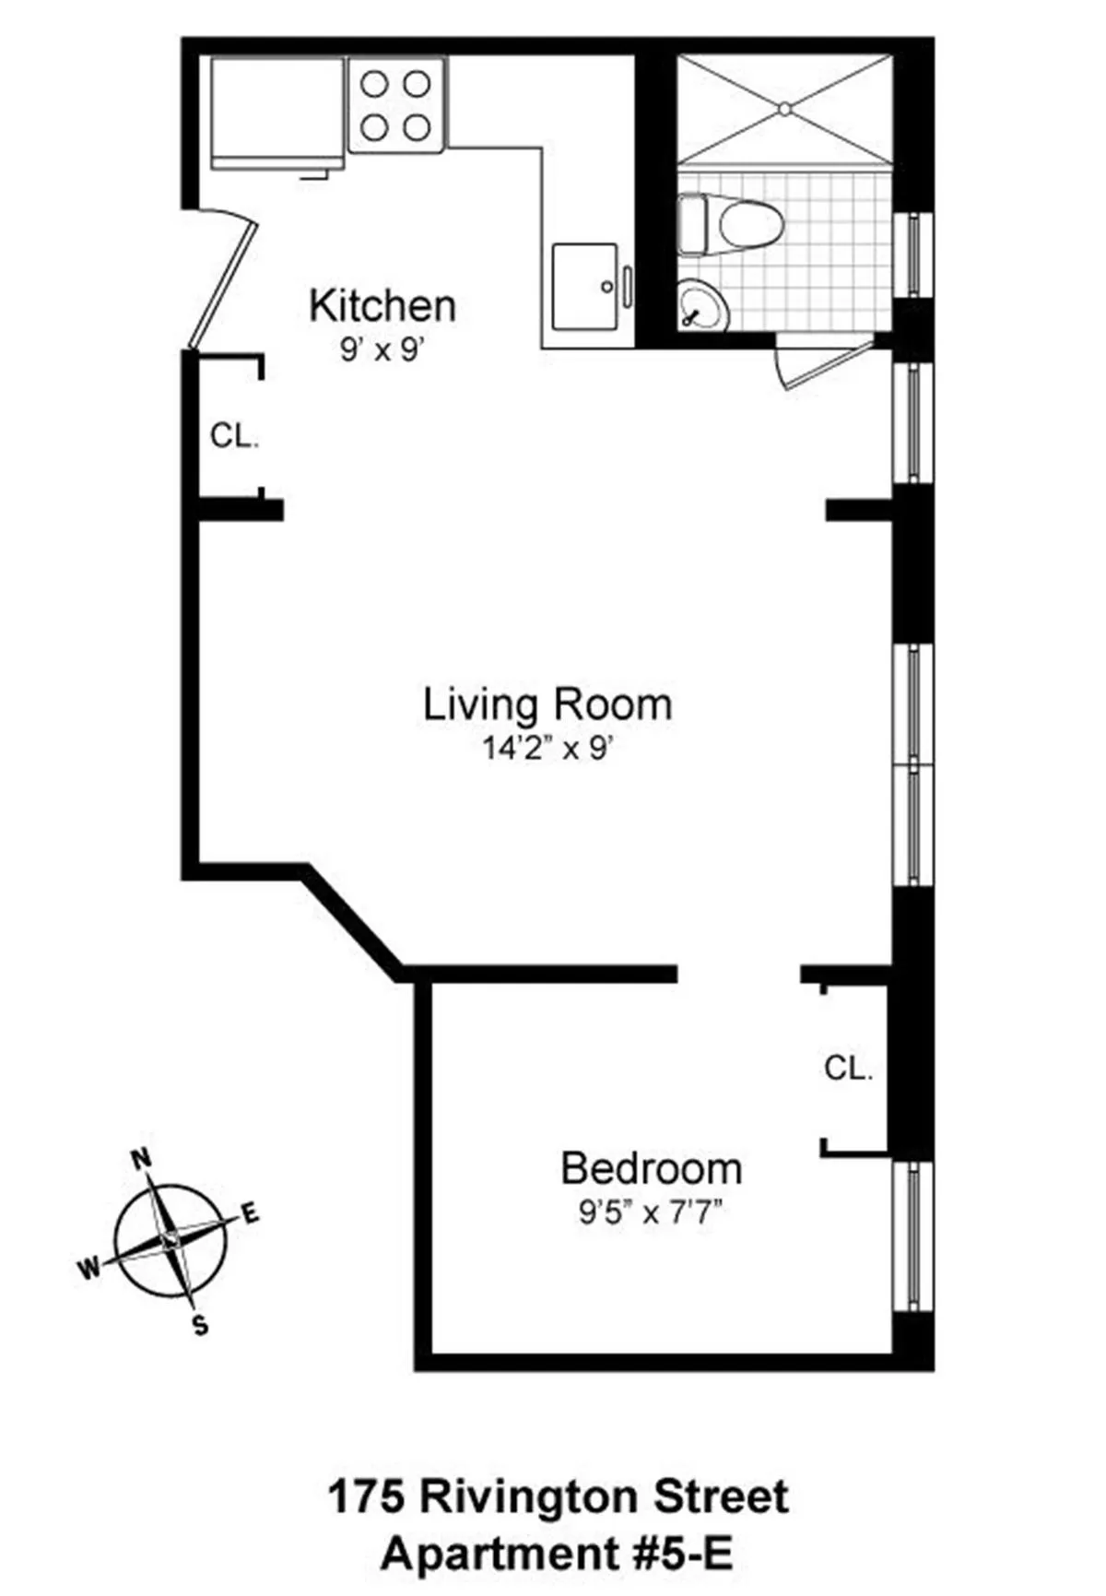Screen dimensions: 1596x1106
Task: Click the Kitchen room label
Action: tap(382, 306)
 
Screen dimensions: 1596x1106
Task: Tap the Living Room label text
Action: tap(547, 705)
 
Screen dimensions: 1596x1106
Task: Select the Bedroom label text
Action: tap(651, 1169)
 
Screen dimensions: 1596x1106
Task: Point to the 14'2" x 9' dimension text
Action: tap(547, 748)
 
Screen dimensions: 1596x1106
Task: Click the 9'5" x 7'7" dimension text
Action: tap(649, 1212)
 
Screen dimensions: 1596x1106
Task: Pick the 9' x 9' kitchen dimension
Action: tap(381, 350)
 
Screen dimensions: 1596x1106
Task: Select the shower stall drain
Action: tap(784, 109)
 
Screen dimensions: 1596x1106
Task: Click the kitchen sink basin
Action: tap(584, 286)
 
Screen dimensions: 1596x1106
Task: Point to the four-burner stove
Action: tap(396, 105)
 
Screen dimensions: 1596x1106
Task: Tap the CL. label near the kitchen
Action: tap(234, 436)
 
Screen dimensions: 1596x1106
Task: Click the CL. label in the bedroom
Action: tap(848, 1069)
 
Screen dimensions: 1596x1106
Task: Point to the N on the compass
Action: tap(141, 1159)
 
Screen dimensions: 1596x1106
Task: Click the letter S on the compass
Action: tap(200, 1326)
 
